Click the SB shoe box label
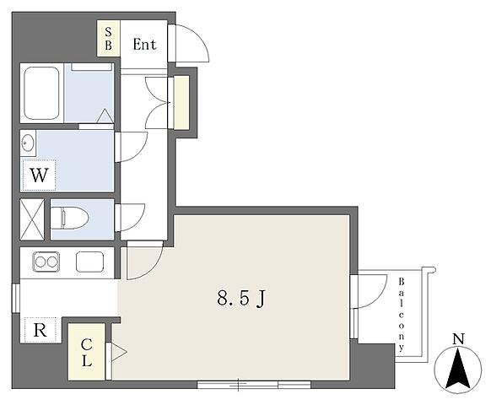108,39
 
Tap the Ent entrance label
144,44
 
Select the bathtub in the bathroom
41,93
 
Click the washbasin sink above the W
28,143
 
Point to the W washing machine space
39,175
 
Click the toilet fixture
69,218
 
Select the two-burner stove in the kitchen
46,262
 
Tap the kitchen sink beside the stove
90,262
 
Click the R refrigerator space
40,330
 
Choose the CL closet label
86,353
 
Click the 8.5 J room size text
241,298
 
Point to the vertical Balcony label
401,315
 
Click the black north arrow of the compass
458,369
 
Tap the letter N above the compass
458,339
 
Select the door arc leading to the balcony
380,297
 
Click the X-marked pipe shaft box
32,219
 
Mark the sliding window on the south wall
254,385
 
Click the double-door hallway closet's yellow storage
181,102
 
